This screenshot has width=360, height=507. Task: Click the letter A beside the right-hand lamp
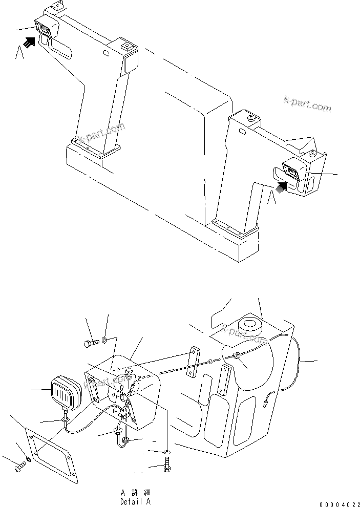point(272,197)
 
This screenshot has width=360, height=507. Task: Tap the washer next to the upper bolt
point(104,339)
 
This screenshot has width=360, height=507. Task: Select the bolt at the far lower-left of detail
point(19,467)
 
